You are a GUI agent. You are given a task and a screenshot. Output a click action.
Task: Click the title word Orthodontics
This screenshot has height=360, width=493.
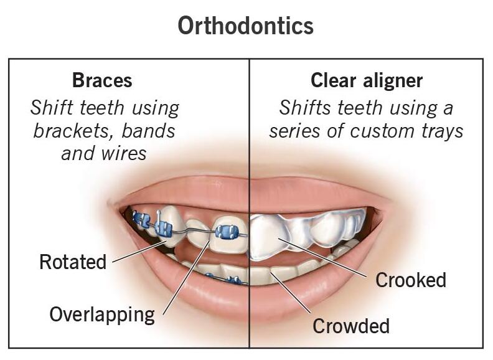[246, 26]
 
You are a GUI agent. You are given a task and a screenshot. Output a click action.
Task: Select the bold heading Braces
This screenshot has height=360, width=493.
[102, 80]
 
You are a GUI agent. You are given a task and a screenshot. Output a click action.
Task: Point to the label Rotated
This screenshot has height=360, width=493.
[73, 262]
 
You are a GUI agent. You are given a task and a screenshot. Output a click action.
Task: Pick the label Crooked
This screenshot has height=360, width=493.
[411, 280]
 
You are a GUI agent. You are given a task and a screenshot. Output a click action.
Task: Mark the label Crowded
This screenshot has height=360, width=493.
[350, 326]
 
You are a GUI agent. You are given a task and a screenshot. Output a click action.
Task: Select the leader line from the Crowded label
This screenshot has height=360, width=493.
[292, 293]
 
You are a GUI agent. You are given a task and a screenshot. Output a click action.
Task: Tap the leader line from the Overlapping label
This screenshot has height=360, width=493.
[187, 274]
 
